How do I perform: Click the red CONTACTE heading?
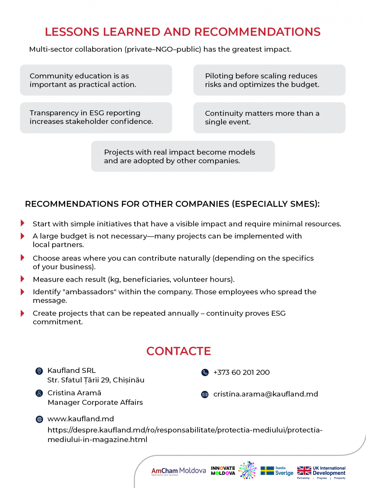click(178, 351)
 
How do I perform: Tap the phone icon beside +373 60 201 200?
click(205, 372)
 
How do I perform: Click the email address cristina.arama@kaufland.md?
click(266, 394)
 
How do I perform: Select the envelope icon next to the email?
click(205, 394)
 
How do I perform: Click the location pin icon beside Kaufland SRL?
click(39, 371)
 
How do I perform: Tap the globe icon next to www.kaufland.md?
click(39, 419)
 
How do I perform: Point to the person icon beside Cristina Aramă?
click(39, 393)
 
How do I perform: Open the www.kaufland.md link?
click(81, 419)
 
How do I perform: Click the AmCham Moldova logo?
click(178, 471)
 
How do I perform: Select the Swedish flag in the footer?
click(267, 471)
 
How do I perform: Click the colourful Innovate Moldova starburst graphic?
click(248, 470)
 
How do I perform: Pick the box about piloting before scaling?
click(269, 80)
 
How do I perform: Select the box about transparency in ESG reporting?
click(96, 118)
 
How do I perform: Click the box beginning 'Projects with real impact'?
click(183, 156)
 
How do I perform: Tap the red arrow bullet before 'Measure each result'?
click(22, 279)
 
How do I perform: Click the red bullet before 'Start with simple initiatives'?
click(22, 223)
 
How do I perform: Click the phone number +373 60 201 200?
click(241, 372)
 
